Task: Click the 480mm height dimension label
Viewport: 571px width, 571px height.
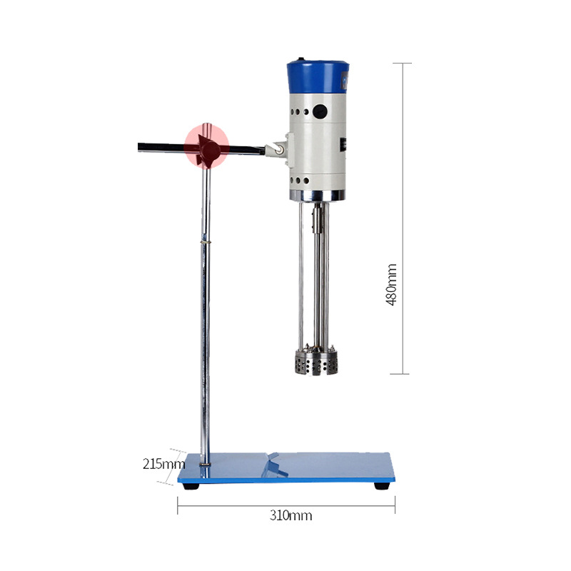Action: point(391,285)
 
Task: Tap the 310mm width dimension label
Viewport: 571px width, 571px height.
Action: point(290,515)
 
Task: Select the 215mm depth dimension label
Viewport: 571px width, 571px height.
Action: point(163,464)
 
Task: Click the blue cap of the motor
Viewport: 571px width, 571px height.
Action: point(318,77)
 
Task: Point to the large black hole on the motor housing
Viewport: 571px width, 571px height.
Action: point(320,112)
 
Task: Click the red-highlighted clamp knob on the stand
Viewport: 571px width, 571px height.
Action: point(206,146)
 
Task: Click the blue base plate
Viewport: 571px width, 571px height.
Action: point(286,468)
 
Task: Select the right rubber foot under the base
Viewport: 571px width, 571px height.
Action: point(382,486)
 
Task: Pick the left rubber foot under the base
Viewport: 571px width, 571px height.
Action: point(191,486)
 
